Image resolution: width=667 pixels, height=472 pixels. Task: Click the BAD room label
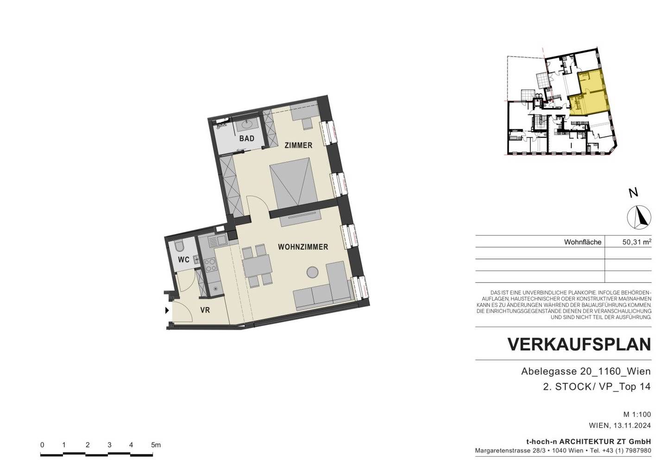[x=247, y=138]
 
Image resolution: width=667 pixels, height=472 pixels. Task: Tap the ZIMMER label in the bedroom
[x=298, y=146]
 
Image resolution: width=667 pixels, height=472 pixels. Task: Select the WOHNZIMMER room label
[x=303, y=247]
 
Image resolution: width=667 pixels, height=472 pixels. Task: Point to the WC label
[x=183, y=260]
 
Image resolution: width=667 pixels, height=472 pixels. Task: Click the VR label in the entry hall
[x=205, y=310]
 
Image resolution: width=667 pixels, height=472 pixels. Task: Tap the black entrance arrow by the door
[x=167, y=311]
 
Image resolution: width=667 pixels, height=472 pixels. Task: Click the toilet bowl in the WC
[x=179, y=246]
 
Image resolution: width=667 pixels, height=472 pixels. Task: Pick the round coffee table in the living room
[x=312, y=272]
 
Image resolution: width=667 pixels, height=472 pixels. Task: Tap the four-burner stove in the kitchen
[x=210, y=265]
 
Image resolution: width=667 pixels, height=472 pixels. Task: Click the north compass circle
[x=639, y=217]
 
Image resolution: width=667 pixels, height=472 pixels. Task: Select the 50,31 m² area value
[x=636, y=242]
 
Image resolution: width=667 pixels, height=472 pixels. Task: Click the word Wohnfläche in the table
[x=582, y=242]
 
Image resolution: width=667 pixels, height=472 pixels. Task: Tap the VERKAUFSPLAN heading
[x=579, y=344]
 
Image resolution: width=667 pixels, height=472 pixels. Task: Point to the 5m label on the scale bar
[x=156, y=445]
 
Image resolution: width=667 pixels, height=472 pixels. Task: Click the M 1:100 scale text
[x=637, y=414]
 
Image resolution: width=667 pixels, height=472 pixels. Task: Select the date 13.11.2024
[x=632, y=425]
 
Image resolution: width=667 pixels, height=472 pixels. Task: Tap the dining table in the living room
[x=257, y=266]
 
